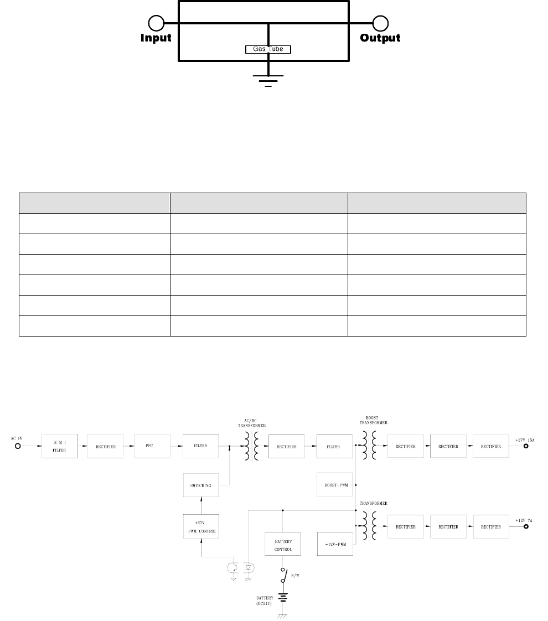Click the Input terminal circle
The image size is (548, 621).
(x=157, y=23)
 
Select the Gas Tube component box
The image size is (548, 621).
(x=268, y=49)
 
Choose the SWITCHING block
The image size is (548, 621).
(x=200, y=485)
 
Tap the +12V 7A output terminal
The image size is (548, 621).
(x=525, y=527)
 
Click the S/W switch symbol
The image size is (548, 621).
(x=285, y=577)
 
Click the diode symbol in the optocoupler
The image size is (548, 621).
(x=247, y=568)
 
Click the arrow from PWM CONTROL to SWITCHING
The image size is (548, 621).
(x=200, y=505)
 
